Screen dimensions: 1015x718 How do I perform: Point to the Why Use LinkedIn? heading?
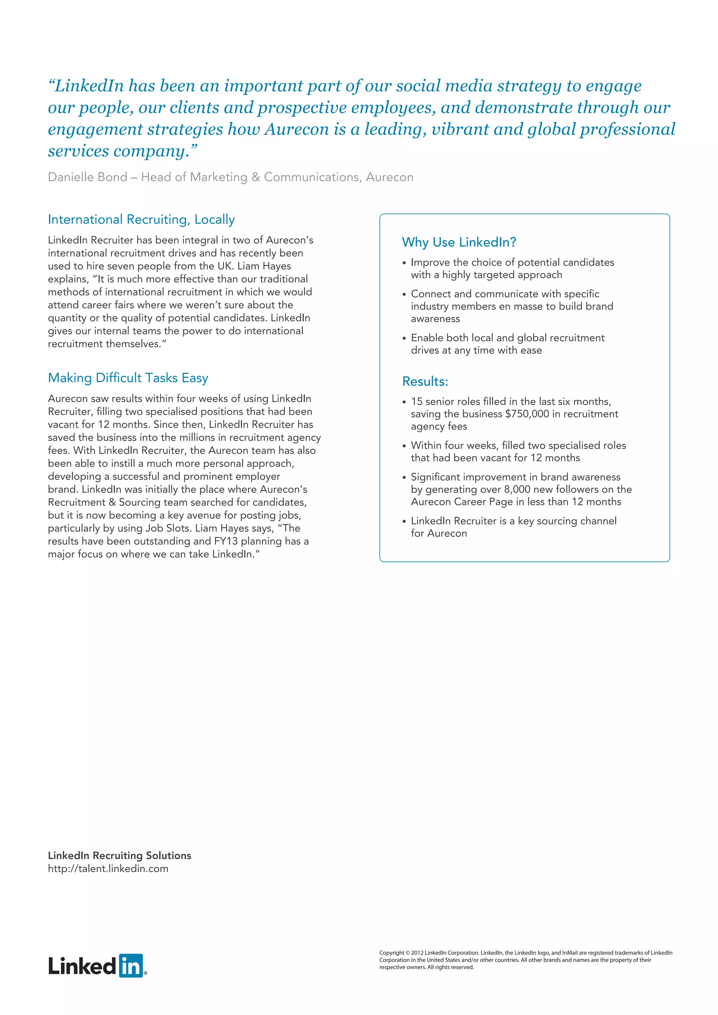point(459,242)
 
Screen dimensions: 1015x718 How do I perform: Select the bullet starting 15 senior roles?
point(514,414)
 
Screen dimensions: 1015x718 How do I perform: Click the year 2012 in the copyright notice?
point(417,953)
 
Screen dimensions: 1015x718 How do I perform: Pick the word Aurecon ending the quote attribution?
point(390,177)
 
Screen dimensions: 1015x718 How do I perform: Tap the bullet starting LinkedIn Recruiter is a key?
point(513,526)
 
